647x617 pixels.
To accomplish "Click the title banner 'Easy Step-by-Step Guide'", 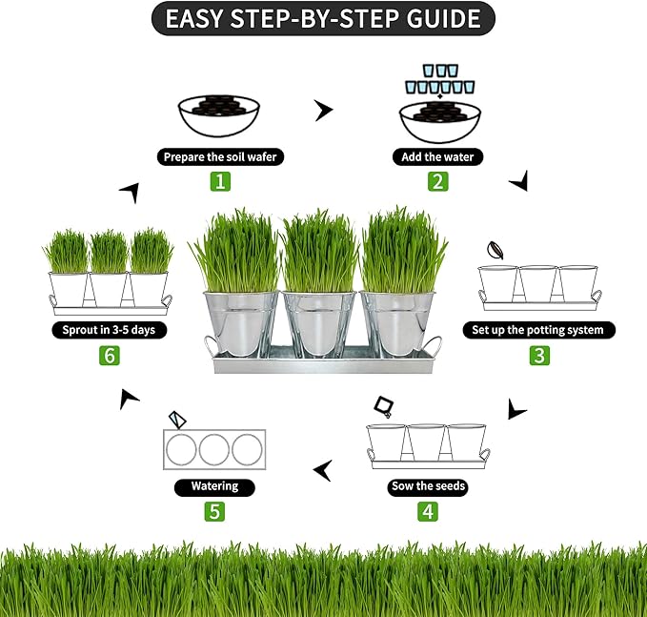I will pyautogui.click(x=323, y=18).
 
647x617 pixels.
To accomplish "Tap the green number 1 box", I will pyautogui.click(x=220, y=180).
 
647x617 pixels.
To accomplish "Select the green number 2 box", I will pyautogui.click(x=437, y=180).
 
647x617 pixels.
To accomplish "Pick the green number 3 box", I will pyautogui.click(x=540, y=356).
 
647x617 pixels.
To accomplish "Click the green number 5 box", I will pyautogui.click(x=214, y=511).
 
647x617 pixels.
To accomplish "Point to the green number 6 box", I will pyautogui.click(x=109, y=356).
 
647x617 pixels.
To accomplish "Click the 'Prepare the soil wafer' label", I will pyautogui.click(x=221, y=156).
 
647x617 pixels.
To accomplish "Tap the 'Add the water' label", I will pyautogui.click(x=438, y=156).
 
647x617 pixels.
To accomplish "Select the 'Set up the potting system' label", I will pyautogui.click(x=539, y=330).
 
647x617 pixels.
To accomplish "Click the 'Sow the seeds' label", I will pyautogui.click(x=429, y=486).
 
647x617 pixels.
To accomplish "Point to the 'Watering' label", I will pyautogui.click(x=214, y=486).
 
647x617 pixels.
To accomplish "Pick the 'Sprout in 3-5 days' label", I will pyautogui.click(x=109, y=330).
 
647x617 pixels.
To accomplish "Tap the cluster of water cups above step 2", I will pyautogui.click(x=438, y=78).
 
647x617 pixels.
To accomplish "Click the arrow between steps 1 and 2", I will pyautogui.click(x=325, y=112).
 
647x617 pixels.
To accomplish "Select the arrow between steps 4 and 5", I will pyautogui.click(x=324, y=469).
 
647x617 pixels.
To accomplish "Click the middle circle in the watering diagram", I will pyautogui.click(x=214, y=448).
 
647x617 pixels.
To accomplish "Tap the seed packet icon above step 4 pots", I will pyautogui.click(x=385, y=407).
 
